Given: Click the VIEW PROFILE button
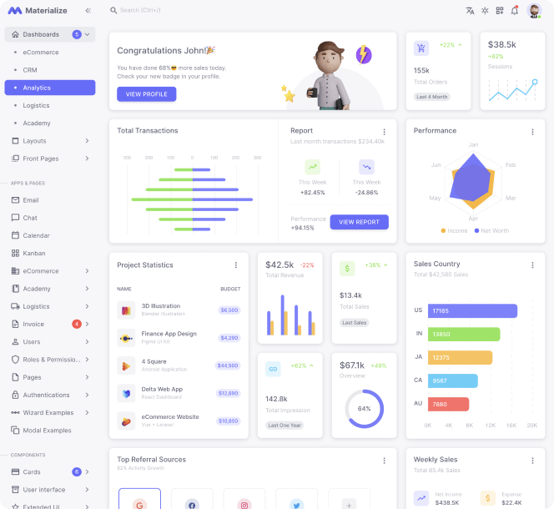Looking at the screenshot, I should pyautogui.click(x=146, y=94).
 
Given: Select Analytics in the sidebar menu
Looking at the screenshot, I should pyautogui.click(x=50, y=88).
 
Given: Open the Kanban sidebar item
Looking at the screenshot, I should pyautogui.click(x=34, y=253).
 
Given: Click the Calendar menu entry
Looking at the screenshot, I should pyautogui.click(x=36, y=235).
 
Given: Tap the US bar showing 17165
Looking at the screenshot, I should pyautogui.click(x=472, y=310).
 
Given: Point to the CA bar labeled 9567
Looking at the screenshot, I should pyautogui.click(x=453, y=380).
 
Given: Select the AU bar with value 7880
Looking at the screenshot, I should pyautogui.click(x=448, y=404).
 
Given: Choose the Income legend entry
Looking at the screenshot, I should pyautogui.click(x=454, y=230).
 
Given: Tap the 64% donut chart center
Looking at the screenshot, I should pyautogui.click(x=364, y=409).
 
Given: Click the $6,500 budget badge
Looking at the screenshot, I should pyautogui.click(x=229, y=310).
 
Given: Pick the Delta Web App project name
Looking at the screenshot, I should pyautogui.click(x=162, y=389).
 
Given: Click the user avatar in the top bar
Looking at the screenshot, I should pyautogui.click(x=535, y=11).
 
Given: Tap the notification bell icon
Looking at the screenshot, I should pyautogui.click(x=515, y=11).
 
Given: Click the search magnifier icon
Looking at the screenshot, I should pyautogui.click(x=113, y=11).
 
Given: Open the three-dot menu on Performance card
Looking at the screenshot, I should pyautogui.click(x=532, y=132).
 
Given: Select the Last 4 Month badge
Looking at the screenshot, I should pyautogui.click(x=431, y=97).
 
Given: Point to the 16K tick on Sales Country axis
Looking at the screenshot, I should pyautogui.click(x=511, y=425).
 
